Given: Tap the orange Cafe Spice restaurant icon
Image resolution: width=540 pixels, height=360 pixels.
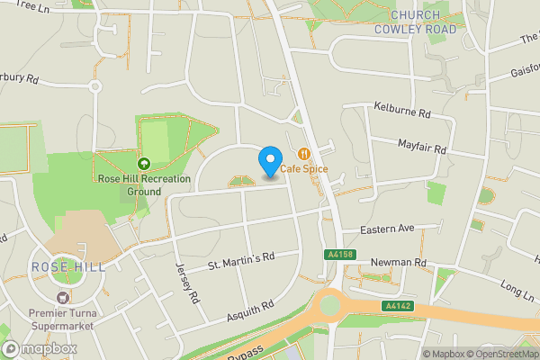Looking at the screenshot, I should (304, 154).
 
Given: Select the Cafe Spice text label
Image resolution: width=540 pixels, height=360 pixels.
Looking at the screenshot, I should (304, 169).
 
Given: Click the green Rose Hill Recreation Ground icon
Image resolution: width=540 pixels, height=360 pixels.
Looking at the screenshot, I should (143, 163).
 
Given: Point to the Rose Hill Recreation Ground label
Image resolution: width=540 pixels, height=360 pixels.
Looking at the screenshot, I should (144, 184).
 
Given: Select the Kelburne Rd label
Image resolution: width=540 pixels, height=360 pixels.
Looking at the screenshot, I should (402, 115).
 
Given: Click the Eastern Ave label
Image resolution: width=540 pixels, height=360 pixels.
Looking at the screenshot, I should (386, 230).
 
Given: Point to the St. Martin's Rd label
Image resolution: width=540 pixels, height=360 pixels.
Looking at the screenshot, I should (240, 260).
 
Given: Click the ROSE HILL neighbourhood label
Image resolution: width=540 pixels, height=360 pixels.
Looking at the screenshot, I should (68, 267).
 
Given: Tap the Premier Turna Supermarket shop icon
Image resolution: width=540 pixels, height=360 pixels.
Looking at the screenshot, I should (62, 297).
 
